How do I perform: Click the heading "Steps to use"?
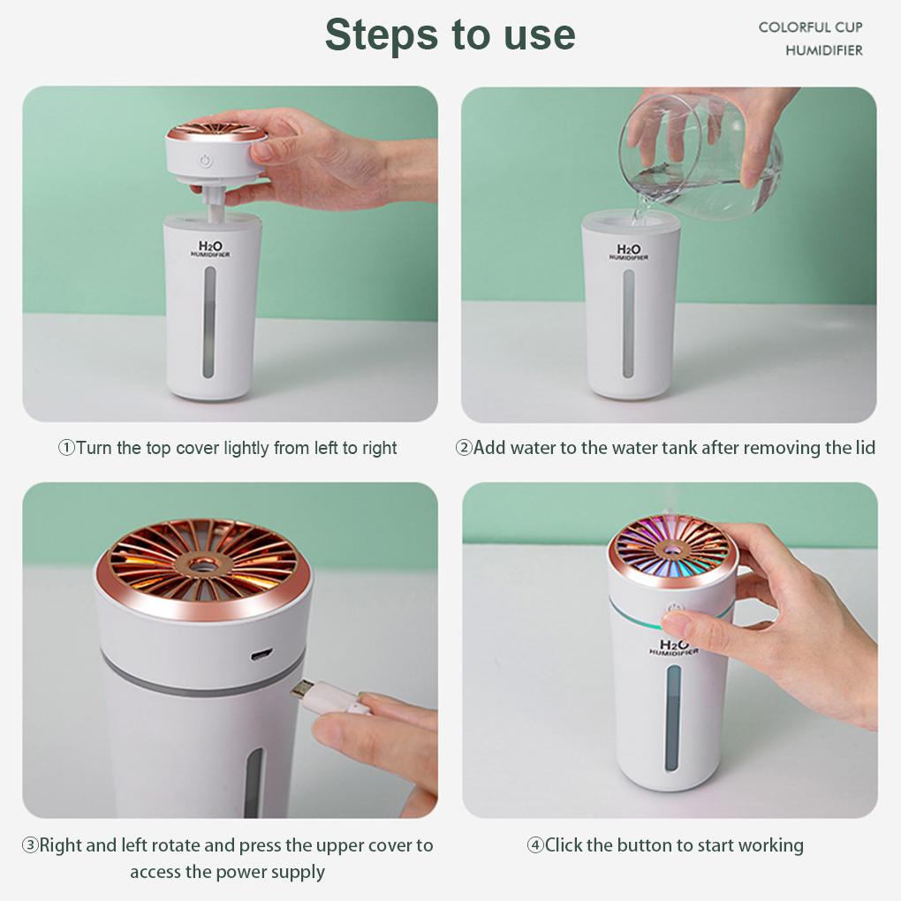(x=450, y=34)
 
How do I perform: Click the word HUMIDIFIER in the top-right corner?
(x=824, y=50)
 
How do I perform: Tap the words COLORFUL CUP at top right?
(x=810, y=27)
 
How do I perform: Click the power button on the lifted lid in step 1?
(x=205, y=160)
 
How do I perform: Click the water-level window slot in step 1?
(x=209, y=322)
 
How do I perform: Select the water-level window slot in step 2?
(x=629, y=323)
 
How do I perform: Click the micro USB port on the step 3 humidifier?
(x=261, y=654)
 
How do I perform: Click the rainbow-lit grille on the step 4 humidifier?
(x=670, y=550)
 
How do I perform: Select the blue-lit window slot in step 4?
(x=673, y=717)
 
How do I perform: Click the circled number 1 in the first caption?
(x=66, y=448)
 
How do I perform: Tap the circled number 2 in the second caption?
(x=463, y=447)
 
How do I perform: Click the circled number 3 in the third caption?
(x=30, y=844)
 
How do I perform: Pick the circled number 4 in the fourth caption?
(x=535, y=844)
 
